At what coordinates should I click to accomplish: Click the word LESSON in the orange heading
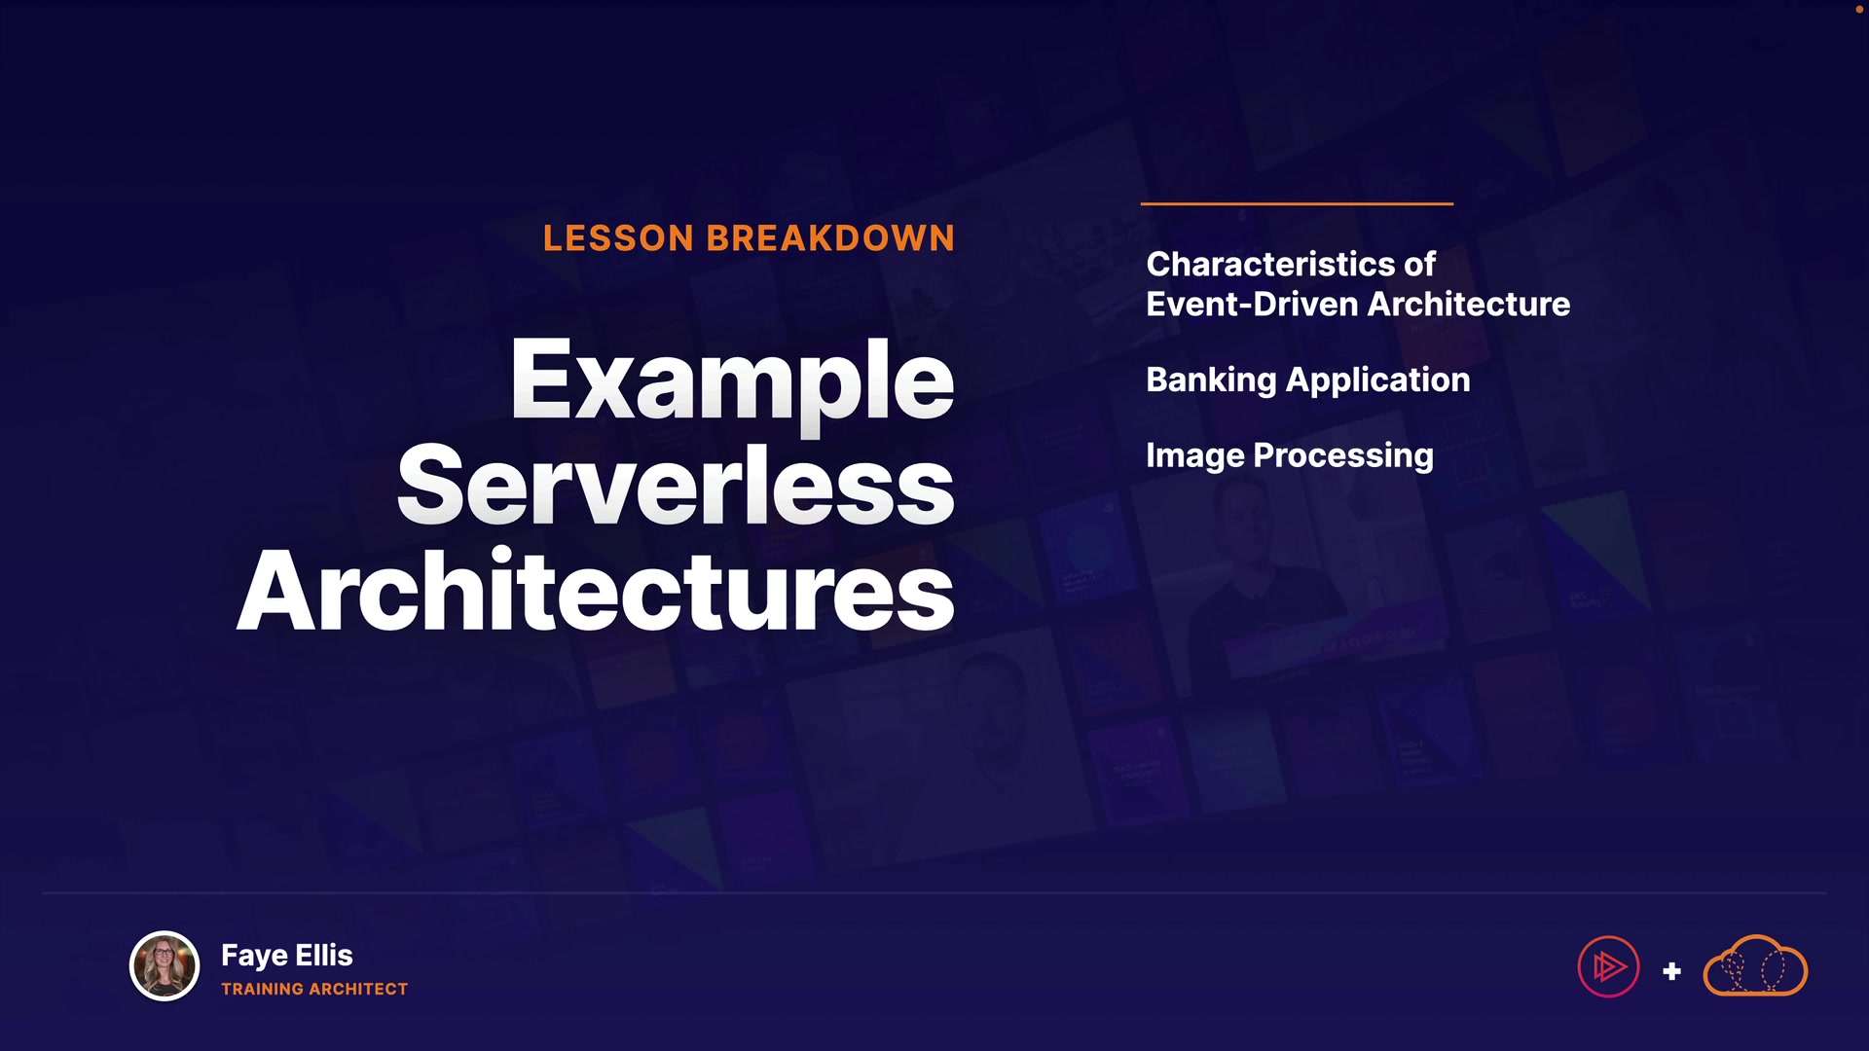tap(618, 238)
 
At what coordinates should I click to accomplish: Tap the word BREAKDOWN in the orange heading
tap(830, 238)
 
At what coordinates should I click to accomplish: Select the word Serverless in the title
tap(676, 484)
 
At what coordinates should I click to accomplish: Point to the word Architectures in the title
tap(596, 590)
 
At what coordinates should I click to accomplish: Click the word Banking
tap(1211, 381)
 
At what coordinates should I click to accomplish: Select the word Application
tap(1377, 381)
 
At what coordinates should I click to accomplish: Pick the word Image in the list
tap(1195, 456)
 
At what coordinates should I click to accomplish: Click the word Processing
tap(1343, 456)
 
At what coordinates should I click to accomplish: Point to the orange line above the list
tap(1297, 203)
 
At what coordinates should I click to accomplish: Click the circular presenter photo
tap(165, 966)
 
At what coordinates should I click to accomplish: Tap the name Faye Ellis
tap(287, 956)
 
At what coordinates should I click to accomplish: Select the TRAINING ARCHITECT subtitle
tap(314, 989)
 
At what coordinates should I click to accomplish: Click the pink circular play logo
tap(1608, 966)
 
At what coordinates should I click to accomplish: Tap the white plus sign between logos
tap(1672, 971)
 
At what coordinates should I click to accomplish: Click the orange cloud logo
tap(1755, 966)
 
